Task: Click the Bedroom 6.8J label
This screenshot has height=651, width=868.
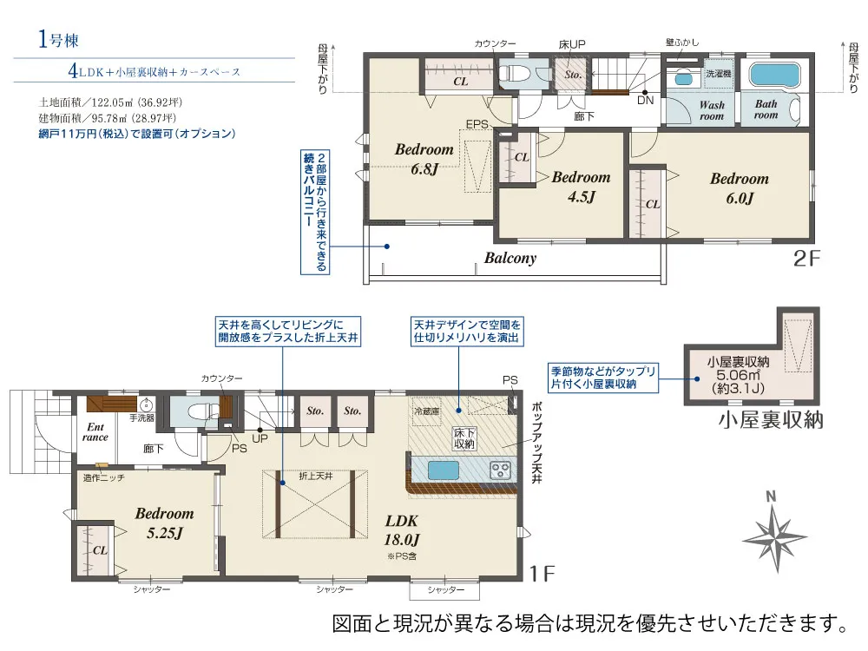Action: [424, 157]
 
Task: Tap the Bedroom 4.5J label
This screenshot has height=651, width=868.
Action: [581, 186]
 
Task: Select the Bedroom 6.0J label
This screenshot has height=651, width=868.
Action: [739, 187]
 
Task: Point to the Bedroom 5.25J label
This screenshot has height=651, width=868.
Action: [164, 523]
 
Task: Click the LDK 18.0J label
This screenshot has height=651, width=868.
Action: [402, 530]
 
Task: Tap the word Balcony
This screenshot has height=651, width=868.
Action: [510, 258]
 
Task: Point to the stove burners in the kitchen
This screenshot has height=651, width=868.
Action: [502, 470]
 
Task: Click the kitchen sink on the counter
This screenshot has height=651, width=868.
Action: [443, 470]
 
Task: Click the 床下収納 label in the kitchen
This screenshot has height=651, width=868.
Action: [464, 438]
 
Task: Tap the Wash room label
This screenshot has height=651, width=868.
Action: [712, 110]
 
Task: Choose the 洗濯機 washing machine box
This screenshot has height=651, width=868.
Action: [718, 74]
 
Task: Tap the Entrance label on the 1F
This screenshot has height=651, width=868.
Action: [95, 431]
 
